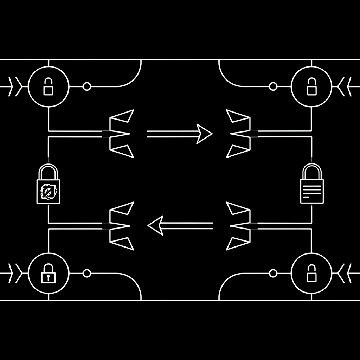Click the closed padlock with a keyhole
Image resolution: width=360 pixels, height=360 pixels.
point(48,274)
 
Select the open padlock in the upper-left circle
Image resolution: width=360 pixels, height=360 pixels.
point(48,86)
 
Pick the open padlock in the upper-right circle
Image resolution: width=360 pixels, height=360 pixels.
point(311,86)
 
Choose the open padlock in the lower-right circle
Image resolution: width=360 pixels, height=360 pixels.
point(311,274)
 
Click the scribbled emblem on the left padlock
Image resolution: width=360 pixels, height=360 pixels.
point(48,192)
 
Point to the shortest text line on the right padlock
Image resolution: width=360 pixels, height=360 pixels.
point(306,197)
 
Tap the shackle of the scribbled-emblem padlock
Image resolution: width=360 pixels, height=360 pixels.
point(48,172)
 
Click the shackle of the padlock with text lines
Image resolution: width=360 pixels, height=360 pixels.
point(311,171)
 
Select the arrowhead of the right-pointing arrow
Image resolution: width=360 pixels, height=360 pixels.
point(204,134)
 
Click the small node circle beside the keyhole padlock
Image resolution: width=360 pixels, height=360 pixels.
point(86,273)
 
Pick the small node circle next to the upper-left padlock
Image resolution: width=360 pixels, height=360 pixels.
point(86,86)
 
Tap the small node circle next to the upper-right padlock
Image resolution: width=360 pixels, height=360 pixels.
point(273,86)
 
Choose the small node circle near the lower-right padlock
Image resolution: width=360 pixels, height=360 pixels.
point(273,273)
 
